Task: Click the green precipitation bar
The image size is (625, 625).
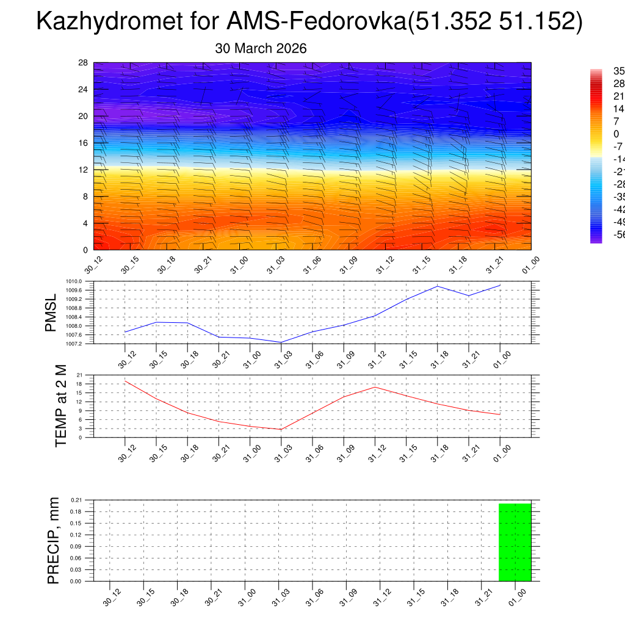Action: pos(515,542)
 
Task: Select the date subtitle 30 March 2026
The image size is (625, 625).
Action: pos(261,49)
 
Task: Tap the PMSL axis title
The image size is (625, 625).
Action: pos(51,312)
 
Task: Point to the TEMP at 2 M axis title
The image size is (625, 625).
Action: pos(60,406)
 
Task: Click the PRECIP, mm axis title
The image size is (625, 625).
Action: pos(53,540)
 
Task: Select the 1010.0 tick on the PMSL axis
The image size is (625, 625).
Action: pos(82,281)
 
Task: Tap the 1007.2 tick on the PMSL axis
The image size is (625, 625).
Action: pos(82,344)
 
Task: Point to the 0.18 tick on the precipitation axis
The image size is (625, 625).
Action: pos(76,511)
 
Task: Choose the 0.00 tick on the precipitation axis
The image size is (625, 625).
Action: pos(76,581)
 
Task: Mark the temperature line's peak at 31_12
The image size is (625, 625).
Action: pos(375,387)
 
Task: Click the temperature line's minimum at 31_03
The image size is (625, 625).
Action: pos(281,429)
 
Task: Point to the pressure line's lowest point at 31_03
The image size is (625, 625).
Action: pos(281,342)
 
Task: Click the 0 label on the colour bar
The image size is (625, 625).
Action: pos(599,134)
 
